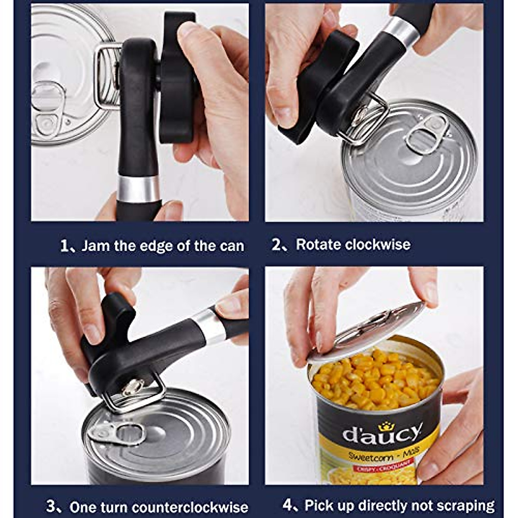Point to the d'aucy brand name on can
(382, 434)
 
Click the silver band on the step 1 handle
(138, 189)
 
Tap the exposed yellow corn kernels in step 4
(376, 380)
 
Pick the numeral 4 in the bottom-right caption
(288, 505)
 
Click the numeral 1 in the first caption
(65, 246)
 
